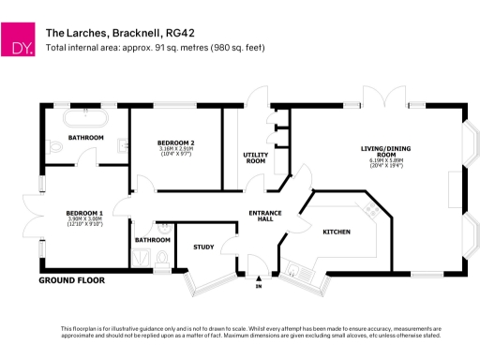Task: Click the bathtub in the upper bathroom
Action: (x=86, y=120)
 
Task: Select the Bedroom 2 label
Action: (x=175, y=142)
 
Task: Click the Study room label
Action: (x=204, y=247)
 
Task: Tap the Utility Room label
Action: (x=255, y=157)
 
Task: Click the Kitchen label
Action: (x=336, y=231)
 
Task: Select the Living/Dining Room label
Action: (x=386, y=151)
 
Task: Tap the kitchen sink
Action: (x=299, y=271)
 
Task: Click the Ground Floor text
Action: (x=71, y=280)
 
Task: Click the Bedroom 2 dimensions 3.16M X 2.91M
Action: (x=175, y=150)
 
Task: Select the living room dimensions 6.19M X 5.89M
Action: (x=386, y=163)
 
